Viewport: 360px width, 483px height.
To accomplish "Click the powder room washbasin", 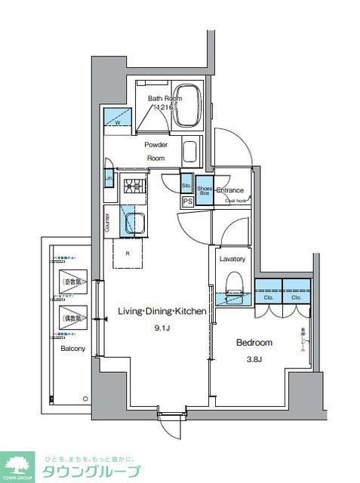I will [191, 151].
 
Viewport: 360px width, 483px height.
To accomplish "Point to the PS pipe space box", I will [187, 202].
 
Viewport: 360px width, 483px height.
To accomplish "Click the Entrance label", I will [230, 191].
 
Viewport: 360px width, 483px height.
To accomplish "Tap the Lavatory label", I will [232, 259].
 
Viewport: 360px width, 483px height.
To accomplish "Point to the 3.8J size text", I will [254, 360].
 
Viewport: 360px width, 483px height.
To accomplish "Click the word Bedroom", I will [254, 343].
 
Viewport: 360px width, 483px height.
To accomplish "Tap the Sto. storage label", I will [186, 185].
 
